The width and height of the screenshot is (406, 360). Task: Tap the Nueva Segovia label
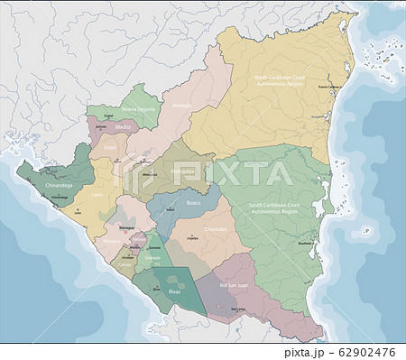click(145, 108)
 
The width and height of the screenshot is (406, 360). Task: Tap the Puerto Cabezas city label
click(335, 85)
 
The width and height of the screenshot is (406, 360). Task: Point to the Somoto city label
click(99, 127)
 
